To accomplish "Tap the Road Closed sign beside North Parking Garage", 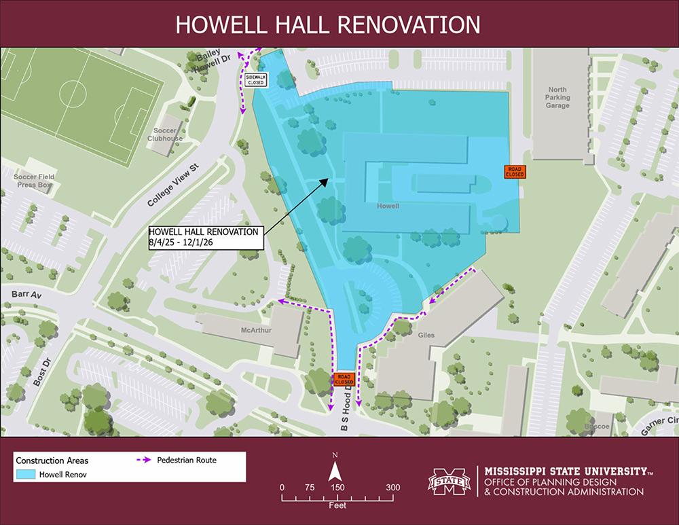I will pyautogui.click(x=514, y=171).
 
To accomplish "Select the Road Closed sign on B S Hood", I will pyautogui.click(x=343, y=379).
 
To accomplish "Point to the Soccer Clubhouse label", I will pyautogui.click(x=165, y=134).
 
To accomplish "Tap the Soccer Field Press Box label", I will pyautogui.click(x=34, y=181).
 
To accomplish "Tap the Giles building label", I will pyautogui.click(x=426, y=335).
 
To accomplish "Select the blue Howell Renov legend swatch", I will pyautogui.click(x=26, y=473).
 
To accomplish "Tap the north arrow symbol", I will pyautogui.click(x=335, y=471).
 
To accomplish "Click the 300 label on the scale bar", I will pyautogui.click(x=392, y=487).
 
